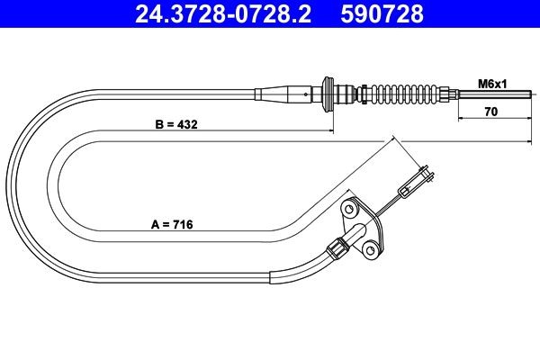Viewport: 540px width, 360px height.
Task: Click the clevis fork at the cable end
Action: click(x=419, y=181)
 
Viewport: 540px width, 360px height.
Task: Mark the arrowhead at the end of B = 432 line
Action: click(x=328, y=132)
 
